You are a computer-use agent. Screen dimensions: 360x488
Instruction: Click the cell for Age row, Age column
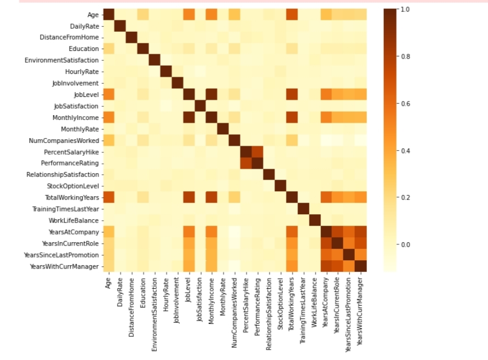coord(109,15)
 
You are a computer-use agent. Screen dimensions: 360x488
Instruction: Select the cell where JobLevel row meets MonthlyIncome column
coord(211,95)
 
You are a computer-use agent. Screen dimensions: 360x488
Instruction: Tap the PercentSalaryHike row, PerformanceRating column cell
coord(257,152)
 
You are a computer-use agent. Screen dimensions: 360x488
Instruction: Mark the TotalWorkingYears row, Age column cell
coord(109,197)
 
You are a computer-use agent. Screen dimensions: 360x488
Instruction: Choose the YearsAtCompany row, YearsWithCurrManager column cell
coord(360,232)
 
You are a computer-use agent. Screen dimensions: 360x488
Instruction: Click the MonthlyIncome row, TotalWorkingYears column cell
coord(291,118)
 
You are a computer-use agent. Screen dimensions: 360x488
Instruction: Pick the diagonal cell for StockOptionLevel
coord(280,186)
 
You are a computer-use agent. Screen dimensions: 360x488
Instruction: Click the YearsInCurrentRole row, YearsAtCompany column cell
coord(326,243)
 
